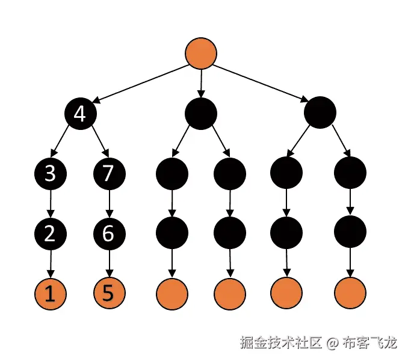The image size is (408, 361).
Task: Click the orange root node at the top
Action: tap(201, 53)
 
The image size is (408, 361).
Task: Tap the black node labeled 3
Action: tap(51, 173)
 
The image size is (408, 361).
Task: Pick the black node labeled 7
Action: tap(109, 173)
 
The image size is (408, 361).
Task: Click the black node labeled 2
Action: tap(51, 233)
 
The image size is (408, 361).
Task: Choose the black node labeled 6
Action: tap(109, 233)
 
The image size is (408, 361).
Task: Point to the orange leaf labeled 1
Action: tap(51, 294)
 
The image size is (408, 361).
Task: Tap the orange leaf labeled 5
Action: tap(109, 294)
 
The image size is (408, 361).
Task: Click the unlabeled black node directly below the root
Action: tap(201, 113)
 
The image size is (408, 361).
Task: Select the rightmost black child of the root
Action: tap(320, 113)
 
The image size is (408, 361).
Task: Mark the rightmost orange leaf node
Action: tap(350, 294)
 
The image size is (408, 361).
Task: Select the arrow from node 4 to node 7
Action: tap(96, 143)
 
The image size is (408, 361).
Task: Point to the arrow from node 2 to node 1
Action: tap(51, 263)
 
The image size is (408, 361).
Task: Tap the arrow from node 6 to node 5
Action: tap(109, 263)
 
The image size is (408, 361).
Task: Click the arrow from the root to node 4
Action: tap(142, 83)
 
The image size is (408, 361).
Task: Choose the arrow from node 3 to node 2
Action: tap(51, 203)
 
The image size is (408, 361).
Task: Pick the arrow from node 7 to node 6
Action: tap(109, 203)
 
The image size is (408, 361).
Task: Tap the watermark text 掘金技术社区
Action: tap(280, 344)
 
